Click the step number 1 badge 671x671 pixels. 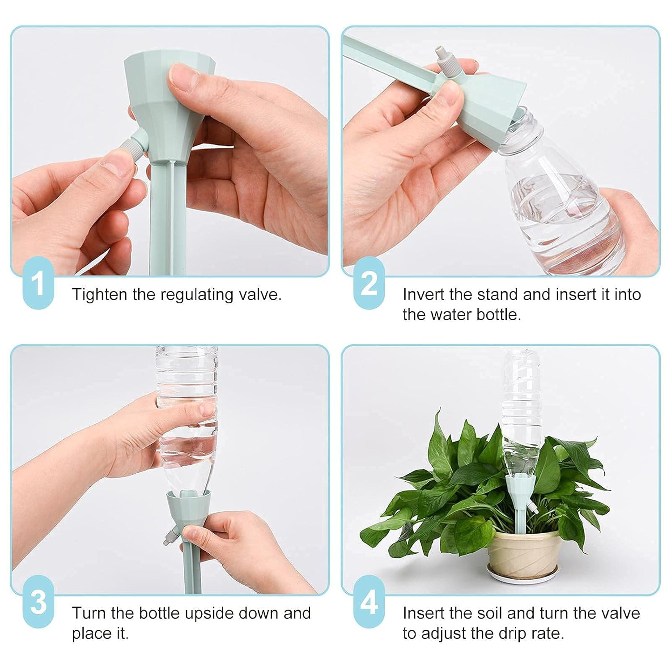pyautogui.click(x=38, y=283)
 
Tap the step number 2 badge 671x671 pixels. pyautogui.click(x=369, y=283)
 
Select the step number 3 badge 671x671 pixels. pyautogui.click(x=38, y=602)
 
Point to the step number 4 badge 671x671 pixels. pyautogui.click(x=369, y=602)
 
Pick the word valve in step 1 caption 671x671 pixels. pyautogui.click(x=263, y=295)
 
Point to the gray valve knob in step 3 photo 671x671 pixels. pyautogui.click(x=169, y=537)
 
